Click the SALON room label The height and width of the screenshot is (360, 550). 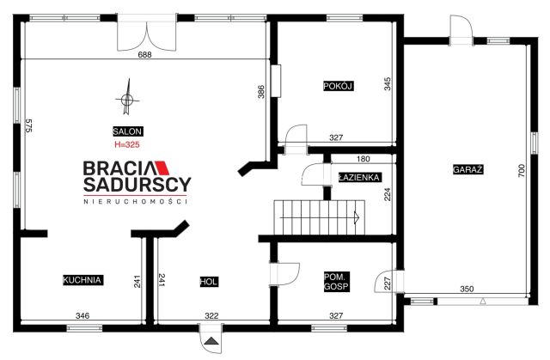point(128,131)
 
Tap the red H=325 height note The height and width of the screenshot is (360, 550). point(127,144)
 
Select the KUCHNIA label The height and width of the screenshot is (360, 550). point(82,280)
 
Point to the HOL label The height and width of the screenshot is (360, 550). point(209,282)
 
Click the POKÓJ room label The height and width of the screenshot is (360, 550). point(338,86)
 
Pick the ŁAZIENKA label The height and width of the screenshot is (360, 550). point(359,177)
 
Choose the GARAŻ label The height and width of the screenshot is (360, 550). point(467,169)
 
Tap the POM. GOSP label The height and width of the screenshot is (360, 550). point(336,282)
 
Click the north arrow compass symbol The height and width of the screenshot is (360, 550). point(127,97)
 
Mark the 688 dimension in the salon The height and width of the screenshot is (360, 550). point(144,55)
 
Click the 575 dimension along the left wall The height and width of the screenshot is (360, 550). point(28,125)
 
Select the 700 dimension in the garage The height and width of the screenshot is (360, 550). point(522,170)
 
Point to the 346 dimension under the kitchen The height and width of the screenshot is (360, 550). point(82,316)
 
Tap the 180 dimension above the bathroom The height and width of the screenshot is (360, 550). point(363,159)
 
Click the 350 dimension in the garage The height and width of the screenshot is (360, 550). point(467,289)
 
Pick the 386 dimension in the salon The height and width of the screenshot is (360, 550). point(261,92)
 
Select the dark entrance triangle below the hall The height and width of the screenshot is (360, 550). point(211,341)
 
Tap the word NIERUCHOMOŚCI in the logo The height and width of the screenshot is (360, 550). point(136,202)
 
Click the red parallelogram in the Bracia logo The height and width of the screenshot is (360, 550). point(162,168)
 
